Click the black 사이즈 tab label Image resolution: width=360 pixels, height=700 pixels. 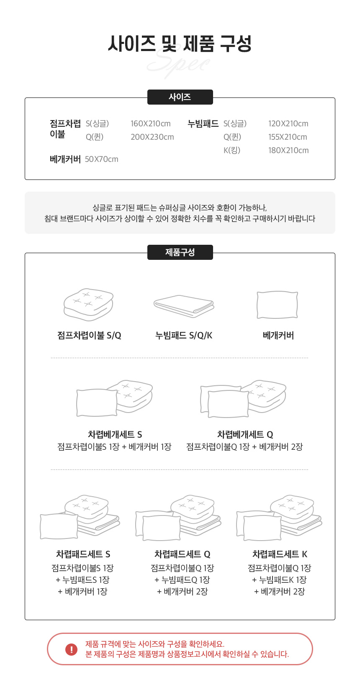point(180,97)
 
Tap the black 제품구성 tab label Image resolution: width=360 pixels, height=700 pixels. point(180,252)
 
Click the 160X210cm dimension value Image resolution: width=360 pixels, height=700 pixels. point(150,124)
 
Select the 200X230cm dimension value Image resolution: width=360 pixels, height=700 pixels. point(152,137)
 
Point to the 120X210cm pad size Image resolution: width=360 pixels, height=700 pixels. point(288,124)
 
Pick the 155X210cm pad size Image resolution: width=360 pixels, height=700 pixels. point(288,137)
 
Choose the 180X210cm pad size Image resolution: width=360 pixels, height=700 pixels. point(288,150)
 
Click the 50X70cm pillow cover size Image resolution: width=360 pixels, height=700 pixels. point(102,159)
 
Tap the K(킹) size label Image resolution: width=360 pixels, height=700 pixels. point(232,150)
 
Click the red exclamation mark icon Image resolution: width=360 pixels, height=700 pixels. point(71,649)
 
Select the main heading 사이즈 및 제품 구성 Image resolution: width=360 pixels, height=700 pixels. point(180,44)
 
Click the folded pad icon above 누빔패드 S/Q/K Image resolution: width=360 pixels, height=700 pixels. point(184,306)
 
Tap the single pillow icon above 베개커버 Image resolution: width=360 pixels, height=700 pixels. point(277,305)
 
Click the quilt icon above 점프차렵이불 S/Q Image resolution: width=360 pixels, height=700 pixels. point(88,304)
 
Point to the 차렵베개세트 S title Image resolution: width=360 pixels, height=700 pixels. point(115,434)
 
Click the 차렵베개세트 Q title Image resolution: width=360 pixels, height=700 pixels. point(245,434)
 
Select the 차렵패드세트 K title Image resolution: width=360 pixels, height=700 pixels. point(280,554)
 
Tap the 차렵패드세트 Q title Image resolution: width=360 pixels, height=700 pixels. point(183,554)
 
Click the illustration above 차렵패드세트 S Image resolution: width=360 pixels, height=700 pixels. point(80,517)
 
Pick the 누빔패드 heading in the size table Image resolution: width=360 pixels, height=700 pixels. point(203,124)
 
